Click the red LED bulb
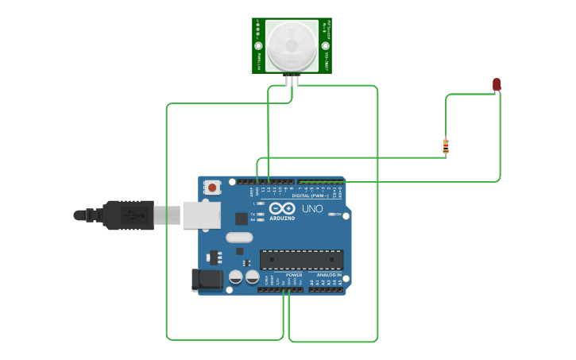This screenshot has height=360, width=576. coord(497,83)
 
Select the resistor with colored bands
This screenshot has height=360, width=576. coord(446,146)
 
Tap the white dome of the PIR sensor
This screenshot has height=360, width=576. coord(292,45)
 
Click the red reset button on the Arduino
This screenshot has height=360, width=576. coord(212,188)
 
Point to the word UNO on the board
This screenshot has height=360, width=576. coord(312,209)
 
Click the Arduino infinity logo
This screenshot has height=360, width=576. coord(281,208)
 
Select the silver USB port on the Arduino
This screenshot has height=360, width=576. coord(201,215)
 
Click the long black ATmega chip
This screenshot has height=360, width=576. coord(302,259)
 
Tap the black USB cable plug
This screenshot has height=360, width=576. coord(127,215)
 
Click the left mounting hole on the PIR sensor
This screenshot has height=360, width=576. coord(258,46)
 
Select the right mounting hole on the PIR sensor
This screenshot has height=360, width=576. coord(325,46)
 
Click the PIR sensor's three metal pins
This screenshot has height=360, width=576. coord(292,79)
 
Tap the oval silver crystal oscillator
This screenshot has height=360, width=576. coord(239,237)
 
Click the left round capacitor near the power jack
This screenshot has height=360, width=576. coord(236,277)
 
